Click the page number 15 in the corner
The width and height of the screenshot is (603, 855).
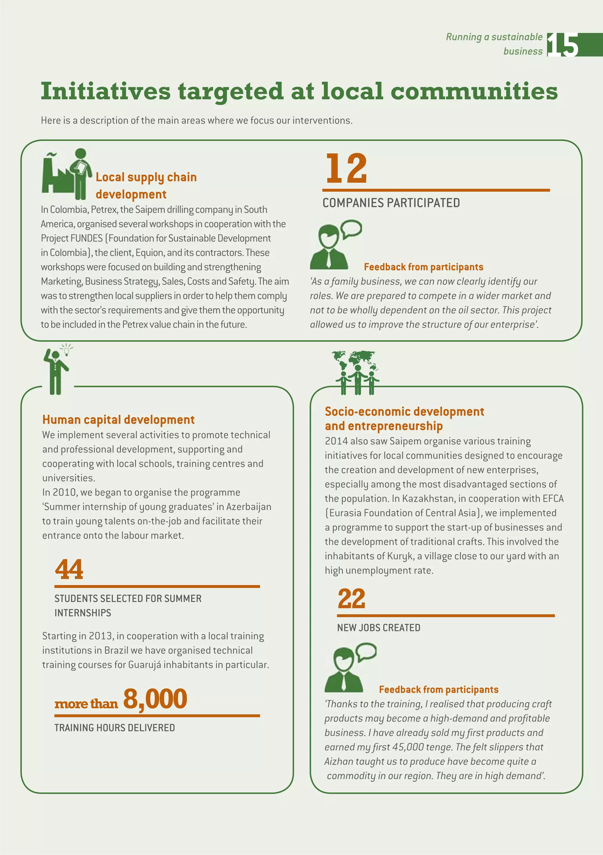563,45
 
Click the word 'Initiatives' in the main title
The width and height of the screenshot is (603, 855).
105,91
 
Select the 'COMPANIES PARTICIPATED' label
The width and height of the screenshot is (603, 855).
391,203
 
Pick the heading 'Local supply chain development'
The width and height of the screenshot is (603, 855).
146,185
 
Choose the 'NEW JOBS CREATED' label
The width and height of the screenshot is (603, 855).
378,628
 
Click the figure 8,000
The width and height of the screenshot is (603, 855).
155,699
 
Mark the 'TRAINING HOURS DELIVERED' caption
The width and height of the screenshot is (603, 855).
115,728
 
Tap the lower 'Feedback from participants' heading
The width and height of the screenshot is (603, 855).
438,690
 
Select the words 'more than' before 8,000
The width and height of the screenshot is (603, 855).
86,704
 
